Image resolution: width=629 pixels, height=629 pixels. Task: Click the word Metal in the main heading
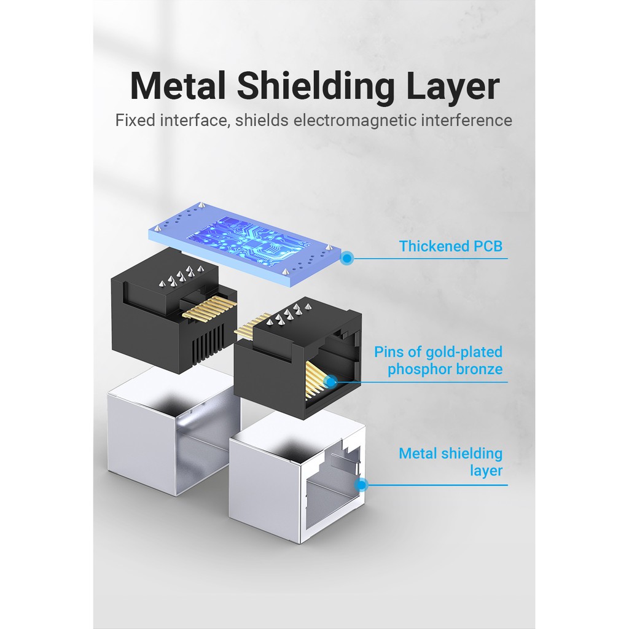(x=178, y=86)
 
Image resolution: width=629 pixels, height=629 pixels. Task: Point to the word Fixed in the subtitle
(x=135, y=120)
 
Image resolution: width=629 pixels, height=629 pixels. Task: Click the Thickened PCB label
(x=450, y=246)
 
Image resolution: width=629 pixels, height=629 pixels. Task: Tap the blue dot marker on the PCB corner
(x=346, y=258)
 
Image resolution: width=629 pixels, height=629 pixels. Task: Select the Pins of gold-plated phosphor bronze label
(x=438, y=360)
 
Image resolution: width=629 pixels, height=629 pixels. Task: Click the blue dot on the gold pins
(x=330, y=381)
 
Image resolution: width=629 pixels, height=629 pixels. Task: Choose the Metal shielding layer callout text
(x=450, y=462)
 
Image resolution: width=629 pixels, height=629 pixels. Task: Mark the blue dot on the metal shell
(x=361, y=485)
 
